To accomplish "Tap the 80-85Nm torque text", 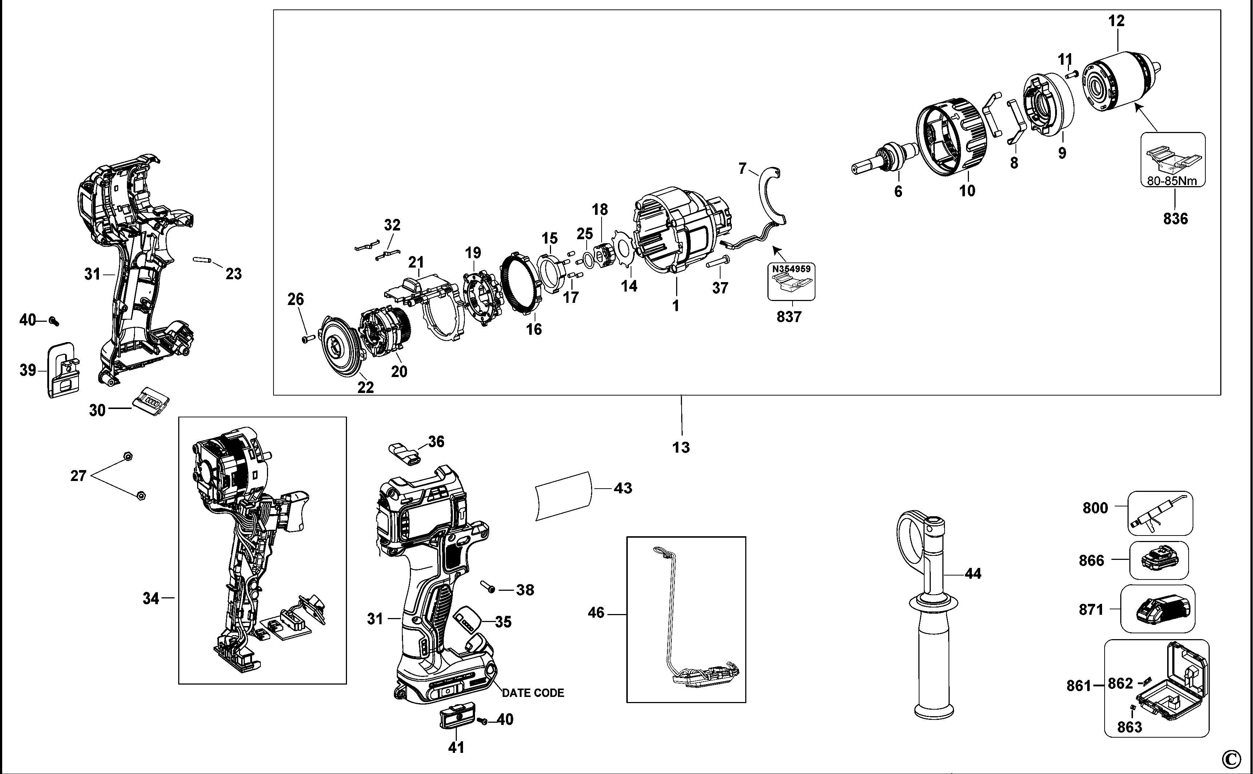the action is [x=1173, y=180].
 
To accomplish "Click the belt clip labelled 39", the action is [x=63, y=370].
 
